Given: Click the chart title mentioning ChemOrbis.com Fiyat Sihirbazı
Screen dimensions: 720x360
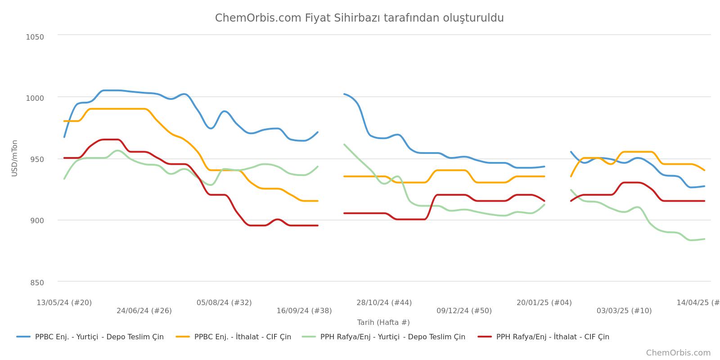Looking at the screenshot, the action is [360, 18].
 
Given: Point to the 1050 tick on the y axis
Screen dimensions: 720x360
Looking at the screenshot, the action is [35, 37].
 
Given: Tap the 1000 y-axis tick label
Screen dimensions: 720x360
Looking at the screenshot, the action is [35, 98].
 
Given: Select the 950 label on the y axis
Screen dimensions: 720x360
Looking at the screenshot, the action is [37, 160].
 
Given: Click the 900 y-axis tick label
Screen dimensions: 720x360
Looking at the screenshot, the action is [37, 221].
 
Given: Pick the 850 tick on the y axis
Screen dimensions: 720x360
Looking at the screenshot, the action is [37, 283].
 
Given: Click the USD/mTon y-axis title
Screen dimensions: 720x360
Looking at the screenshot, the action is [14, 158].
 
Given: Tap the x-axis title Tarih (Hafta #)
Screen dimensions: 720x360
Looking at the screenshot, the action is [383, 322].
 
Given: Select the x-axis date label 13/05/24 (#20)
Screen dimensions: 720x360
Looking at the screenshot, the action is [64, 302].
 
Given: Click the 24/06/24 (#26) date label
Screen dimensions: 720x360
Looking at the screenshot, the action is [144, 311].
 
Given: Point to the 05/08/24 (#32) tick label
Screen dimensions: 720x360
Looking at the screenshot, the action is [224, 302].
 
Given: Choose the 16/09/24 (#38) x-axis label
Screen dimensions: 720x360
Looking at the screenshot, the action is [304, 311].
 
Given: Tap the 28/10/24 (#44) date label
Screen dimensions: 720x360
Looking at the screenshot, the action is [384, 302].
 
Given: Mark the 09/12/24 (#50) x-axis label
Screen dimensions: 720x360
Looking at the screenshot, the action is [464, 311].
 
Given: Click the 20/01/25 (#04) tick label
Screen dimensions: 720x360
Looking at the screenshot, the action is [544, 302].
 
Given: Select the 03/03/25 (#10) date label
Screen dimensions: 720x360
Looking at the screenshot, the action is [624, 311].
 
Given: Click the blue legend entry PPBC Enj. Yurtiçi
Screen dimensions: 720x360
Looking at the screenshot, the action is [90, 337].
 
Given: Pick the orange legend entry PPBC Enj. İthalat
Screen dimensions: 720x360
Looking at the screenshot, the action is [234, 337].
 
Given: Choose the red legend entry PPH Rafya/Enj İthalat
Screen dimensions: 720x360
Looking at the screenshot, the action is [544, 337].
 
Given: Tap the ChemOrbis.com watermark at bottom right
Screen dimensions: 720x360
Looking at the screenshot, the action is [678, 353].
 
